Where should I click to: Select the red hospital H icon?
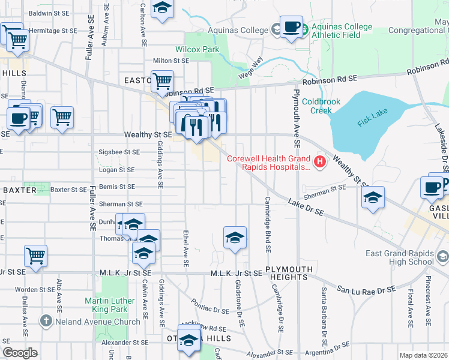(x=320, y=161)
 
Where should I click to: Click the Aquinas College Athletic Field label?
(x=340, y=31)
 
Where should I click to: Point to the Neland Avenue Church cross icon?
(x=46, y=321)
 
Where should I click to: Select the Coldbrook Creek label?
(x=316, y=106)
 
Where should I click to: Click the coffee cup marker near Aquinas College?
(x=291, y=28)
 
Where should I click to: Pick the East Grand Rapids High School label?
(x=399, y=257)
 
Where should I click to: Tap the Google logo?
(x=20, y=352)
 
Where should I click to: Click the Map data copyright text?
(x=424, y=355)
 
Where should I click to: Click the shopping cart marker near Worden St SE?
(x=36, y=256)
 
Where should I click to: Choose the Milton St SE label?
(x=171, y=61)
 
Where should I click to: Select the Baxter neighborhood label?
(x=12, y=190)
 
